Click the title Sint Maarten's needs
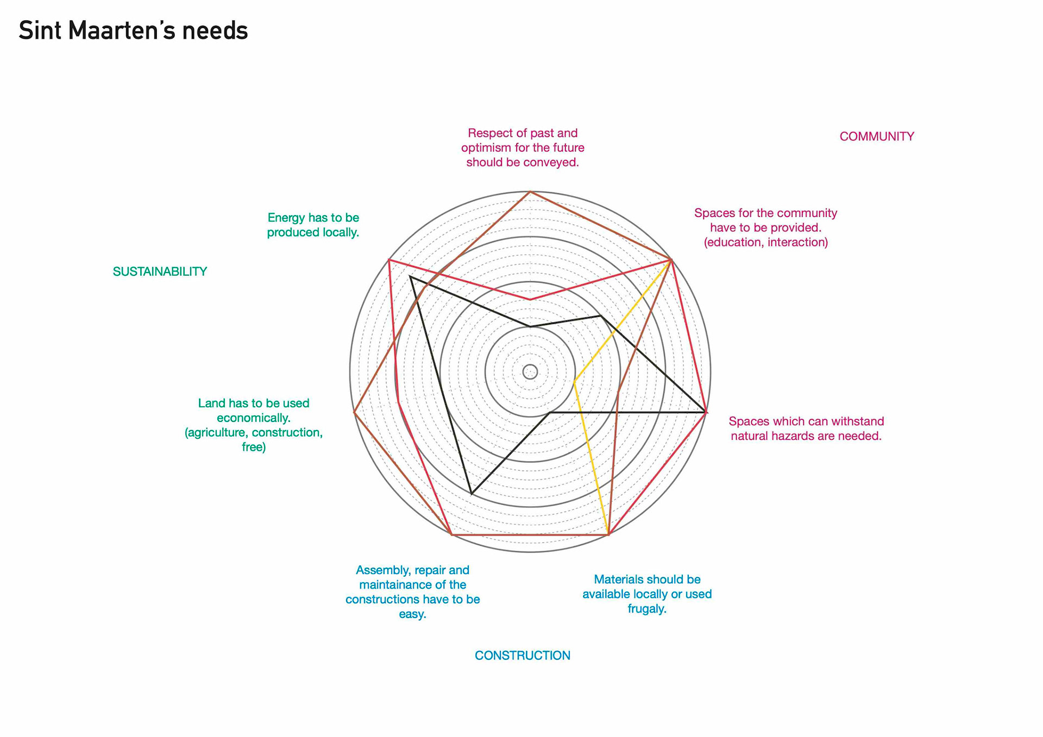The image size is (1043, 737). pos(133,31)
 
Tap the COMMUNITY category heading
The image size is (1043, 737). pos(876,136)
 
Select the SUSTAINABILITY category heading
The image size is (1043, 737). pos(160,272)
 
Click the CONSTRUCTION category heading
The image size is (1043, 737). pos(522,656)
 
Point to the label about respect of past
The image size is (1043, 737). pos(523,148)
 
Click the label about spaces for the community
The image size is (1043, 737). pos(765,228)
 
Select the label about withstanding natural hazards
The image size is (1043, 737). pos(806,429)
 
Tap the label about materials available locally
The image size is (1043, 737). pos(647,594)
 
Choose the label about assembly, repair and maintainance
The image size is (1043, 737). pos(412,591)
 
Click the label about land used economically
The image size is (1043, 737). pos(254,425)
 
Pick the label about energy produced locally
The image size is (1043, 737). pos(313,225)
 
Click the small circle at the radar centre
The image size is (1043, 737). pos(530,372)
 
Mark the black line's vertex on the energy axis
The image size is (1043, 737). pos(411,277)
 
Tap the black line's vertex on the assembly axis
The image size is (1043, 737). pos(472,494)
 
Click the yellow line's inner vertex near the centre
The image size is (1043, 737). pos(574,382)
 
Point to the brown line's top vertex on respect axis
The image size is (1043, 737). pos(530,192)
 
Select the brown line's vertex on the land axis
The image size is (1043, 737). pos(354,413)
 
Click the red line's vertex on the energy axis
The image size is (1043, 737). pos(389,260)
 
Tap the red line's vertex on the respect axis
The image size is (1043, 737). pos(530,299)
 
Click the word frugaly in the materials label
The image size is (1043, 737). pos(646,609)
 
